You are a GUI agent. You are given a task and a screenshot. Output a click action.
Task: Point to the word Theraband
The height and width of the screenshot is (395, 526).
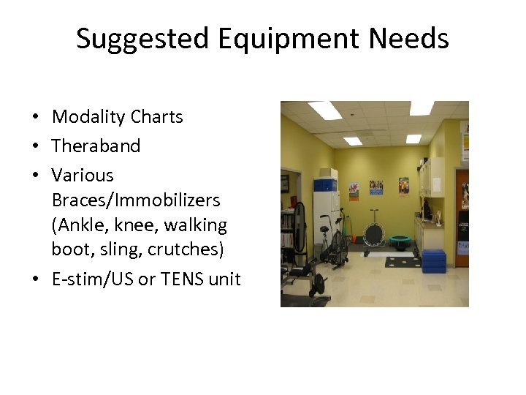[x=96, y=146]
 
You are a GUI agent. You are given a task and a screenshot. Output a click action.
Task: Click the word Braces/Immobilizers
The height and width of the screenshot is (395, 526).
[x=136, y=200]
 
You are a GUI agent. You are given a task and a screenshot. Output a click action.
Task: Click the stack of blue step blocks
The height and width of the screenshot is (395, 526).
[x=433, y=261]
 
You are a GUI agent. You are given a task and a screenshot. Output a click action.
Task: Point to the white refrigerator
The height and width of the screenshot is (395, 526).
[x=324, y=212]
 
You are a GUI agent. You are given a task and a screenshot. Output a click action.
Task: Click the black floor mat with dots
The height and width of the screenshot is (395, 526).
[x=400, y=262]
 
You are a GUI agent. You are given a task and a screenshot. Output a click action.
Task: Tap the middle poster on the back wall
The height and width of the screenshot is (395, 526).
[x=376, y=187]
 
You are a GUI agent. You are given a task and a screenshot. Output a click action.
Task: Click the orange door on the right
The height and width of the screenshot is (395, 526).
[x=462, y=212]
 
